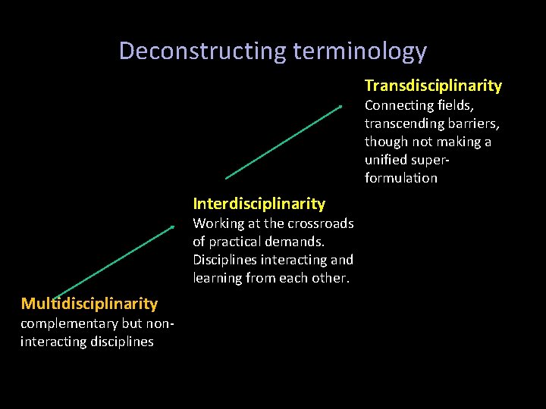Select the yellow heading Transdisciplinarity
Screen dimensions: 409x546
click(433, 86)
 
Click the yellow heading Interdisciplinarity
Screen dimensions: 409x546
click(259, 203)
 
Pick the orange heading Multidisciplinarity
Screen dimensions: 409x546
click(89, 304)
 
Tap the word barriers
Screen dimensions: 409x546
click(474, 123)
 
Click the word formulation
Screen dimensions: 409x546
click(400, 178)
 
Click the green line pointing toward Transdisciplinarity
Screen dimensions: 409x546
click(284, 142)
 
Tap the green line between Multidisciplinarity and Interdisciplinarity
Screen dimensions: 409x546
click(115, 261)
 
